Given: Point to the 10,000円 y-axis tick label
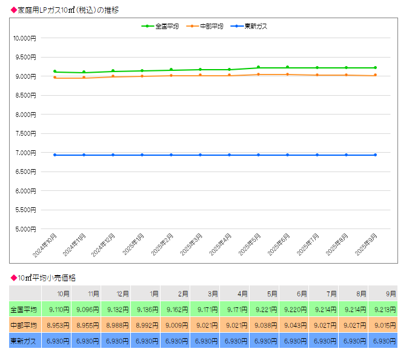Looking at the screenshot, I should (24, 38).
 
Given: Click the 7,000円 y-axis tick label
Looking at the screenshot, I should (24, 153).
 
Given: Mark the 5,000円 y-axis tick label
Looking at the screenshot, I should (24, 229).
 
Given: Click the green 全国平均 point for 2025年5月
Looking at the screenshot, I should (258, 67).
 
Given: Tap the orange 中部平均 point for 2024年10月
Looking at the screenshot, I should (55, 78).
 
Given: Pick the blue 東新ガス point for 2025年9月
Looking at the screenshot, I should (375, 155).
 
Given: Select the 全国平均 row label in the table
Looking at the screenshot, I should (24, 310).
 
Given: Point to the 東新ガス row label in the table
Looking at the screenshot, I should (24, 341).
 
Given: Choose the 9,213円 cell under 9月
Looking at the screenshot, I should (384, 310).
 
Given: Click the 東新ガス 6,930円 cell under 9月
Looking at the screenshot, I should (384, 341).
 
